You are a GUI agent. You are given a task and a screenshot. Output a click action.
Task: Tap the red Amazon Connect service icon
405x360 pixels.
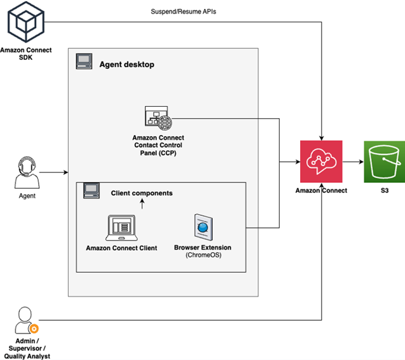pyautogui.click(x=321, y=162)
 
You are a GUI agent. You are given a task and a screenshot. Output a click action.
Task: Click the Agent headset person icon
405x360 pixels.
pyautogui.click(x=27, y=173)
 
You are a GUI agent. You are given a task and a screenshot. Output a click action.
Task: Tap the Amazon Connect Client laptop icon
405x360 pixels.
pyautogui.click(x=121, y=228)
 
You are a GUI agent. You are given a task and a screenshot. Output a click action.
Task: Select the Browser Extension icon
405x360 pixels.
pyautogui.click(x=202, y=227)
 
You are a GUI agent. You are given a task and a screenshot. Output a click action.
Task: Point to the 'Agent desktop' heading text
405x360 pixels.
pyautogui.click(x=127, y=64)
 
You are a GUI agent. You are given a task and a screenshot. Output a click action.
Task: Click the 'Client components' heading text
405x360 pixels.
pyautogui.click(x=142, y=193)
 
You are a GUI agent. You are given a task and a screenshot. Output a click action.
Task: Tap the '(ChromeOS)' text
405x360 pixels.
pyautogui.click(x=202, y=256)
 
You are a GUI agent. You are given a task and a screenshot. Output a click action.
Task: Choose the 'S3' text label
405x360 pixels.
pyautogui.click(x=384, y=191)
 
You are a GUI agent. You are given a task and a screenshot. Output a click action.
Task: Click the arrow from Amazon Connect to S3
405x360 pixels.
pyautogui.click(x=353, y=162)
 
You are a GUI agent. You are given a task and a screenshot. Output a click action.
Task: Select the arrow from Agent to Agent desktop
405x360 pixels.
pyautogui.click(x=54, y=173)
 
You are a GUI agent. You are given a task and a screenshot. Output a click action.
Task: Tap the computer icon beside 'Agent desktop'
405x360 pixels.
pyautogui.click(x=84, y=62)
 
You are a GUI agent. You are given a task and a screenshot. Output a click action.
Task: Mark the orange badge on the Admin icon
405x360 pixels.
pyautogui.click(x=34, y=329)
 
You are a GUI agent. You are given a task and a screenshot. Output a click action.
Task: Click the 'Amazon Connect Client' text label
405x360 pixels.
pyautogui.click(x=121, y=248)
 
